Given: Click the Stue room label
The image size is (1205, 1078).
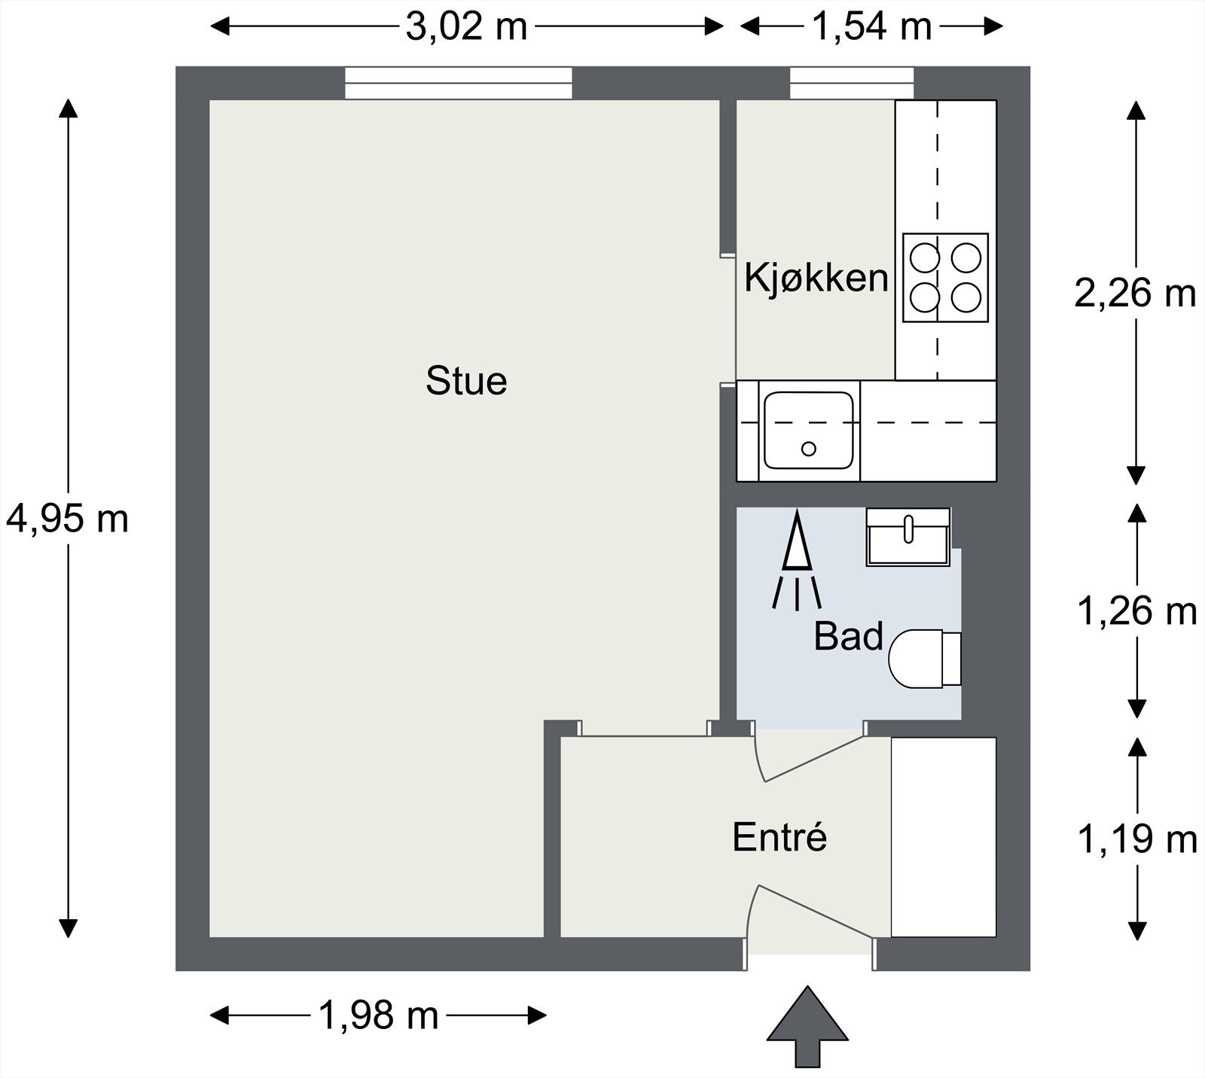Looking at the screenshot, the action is tap(466, 381).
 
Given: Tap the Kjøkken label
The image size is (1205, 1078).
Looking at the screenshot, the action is tap(816, 277).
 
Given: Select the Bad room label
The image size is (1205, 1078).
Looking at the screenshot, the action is tap(848, 637).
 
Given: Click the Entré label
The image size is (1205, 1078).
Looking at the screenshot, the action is tap(779, 837).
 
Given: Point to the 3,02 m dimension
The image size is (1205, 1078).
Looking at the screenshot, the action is tap(466, 28).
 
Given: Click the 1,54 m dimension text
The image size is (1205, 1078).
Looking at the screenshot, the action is tap(871, 28).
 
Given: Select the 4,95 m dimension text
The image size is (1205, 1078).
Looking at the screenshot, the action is tap(68, 519).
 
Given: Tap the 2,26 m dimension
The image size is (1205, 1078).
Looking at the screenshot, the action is tap(1135, 294).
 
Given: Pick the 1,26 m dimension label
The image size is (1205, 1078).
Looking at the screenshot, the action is tap(1137, 611).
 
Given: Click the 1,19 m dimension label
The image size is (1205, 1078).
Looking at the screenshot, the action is tap(1137, 839).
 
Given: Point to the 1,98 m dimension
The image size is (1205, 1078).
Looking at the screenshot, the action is tap(378, 1016).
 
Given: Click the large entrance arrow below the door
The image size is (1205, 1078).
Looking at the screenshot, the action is tap(807, 1027).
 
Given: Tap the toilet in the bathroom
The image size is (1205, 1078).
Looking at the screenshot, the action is tap(925, 659).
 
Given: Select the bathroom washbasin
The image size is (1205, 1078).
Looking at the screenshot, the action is tap(908, 536).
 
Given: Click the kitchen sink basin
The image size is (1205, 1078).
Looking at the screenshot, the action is tap(809, 430).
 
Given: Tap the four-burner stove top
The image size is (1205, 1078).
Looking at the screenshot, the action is tap(945, 278).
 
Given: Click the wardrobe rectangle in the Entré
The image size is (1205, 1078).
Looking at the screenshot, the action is tap(944, 837).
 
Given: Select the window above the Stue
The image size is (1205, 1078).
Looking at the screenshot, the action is tap(459, 83).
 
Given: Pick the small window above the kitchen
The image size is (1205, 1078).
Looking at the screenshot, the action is tap(852, 83).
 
